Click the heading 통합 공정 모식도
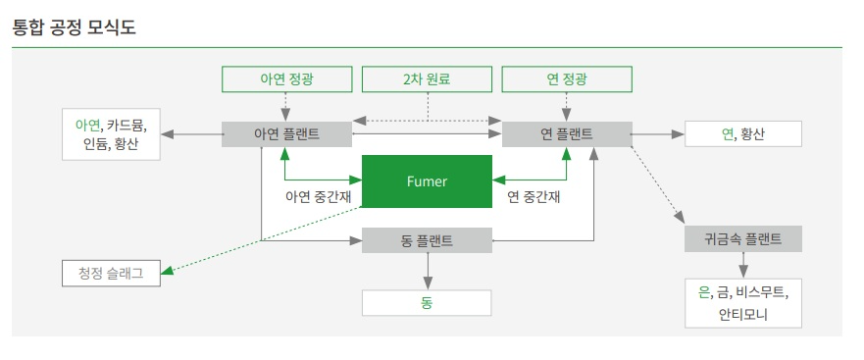pyautogui.click(x=74, y=26)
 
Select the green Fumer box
pyautogui.click(x=427, y=181)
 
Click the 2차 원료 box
pyautogui.click(x=426, y=78)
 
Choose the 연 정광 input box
pyautogui.click(x=566, y=78)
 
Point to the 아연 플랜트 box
pyautogui.click(x=285, y=134)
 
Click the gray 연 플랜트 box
pyautogui.click(x=566, y=134)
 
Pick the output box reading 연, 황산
pyautogui.click(x=742, y=134)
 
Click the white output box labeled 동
pyautogui.click(x=427, y=303)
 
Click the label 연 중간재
pyautogui.click(x=533, y=197)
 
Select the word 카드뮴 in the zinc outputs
pyautogui.click(x=127, y=125)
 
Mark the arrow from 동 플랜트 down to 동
pyautogui.click(x=427, y=270)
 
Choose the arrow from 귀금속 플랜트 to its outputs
pyautogui.click(x=743, y=265)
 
